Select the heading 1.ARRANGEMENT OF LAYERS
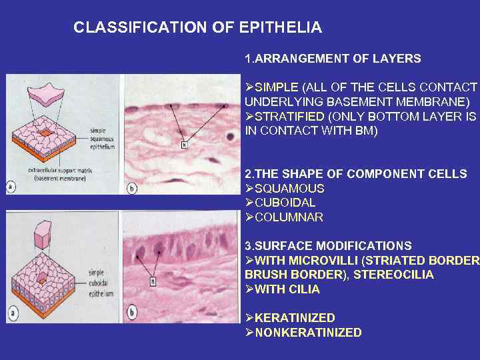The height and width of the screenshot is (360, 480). point(333,59)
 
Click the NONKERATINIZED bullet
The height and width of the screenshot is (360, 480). point(308,333)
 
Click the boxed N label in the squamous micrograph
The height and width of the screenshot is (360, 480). point(184,145)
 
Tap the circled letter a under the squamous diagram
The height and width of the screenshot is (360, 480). point(11,187)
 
